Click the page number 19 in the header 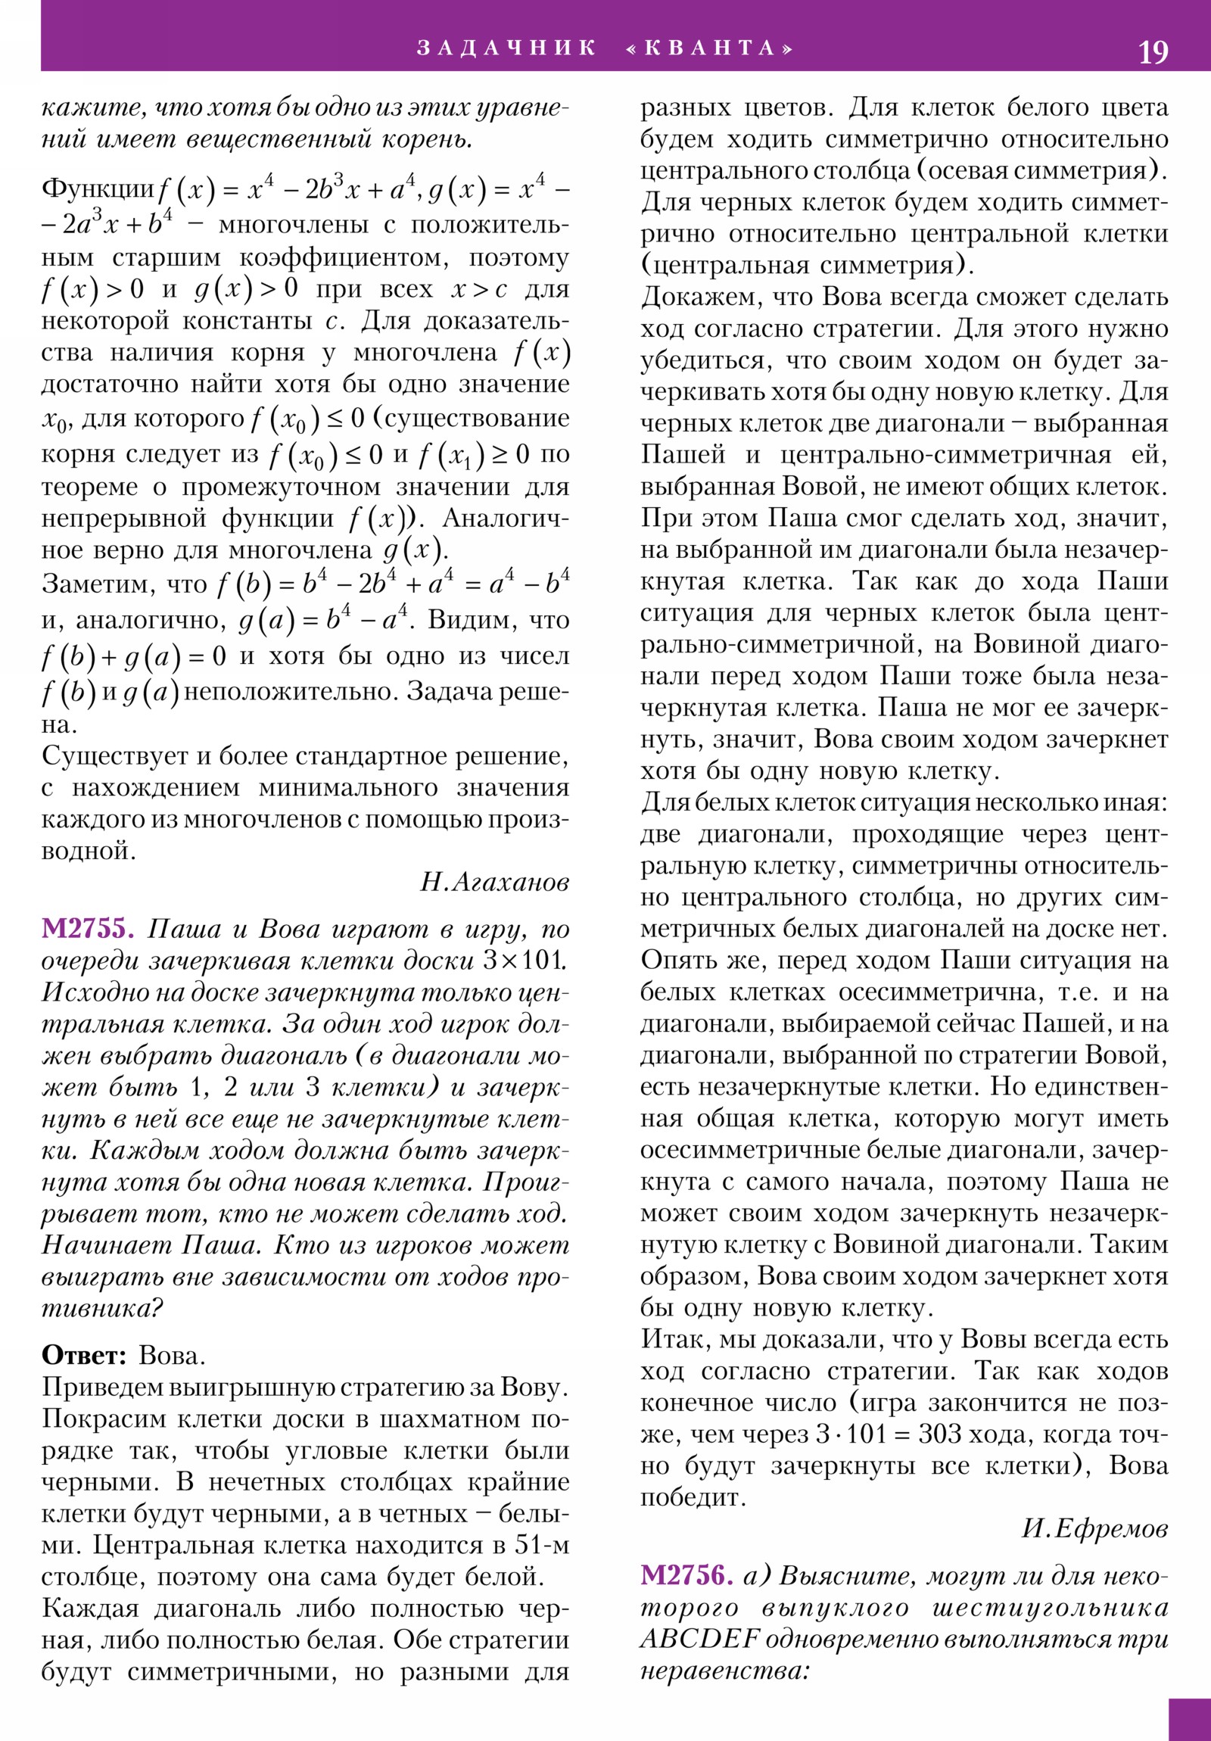pyautogui.click(x=1153, y=52)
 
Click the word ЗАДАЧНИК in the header pyautogui.click(x=506, y=48)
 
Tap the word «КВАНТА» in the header pyautogui.click(x=711, y=48)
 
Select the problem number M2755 pyautogui.click(x=88, y=929)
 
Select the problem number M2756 pyautogui.click(x=686, y=1576)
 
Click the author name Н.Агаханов pyautogui.click(x=494, y=882)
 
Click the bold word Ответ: pyautogui.click(x=84, y=1355)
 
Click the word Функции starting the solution pyautogui.click(x=98, y=188)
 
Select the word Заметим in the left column pyautogui.click(x=93, y=584)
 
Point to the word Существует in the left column pyautogui.click(x=109, y=756)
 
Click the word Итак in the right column pyautogui.click(x=674, y=1339)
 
